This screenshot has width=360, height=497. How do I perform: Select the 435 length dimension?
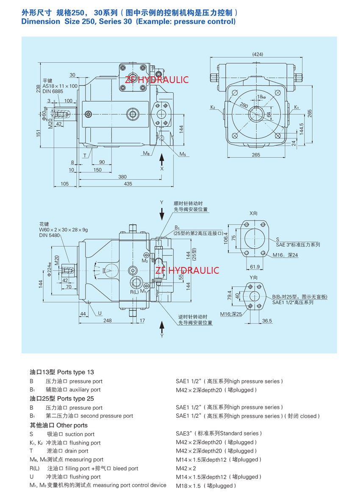(x=128, y=184)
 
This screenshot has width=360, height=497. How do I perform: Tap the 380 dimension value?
(x=122, y=177)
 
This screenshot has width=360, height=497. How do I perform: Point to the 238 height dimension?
(x=39, y=88)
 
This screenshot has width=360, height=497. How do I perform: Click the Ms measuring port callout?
(x=183, y=154)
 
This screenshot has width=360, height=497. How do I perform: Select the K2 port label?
(x=213, y=107)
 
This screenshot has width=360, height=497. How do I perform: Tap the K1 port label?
(x=297, y=107)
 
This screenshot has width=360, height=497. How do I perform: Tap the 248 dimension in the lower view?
(x=108, y=321)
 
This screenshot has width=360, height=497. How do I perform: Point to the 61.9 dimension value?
(x=254, y=267)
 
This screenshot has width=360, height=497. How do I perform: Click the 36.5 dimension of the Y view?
(x=267, y=321)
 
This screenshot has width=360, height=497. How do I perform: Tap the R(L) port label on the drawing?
(x=135, y=292)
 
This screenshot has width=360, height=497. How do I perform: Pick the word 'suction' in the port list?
(x=75, y=434)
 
